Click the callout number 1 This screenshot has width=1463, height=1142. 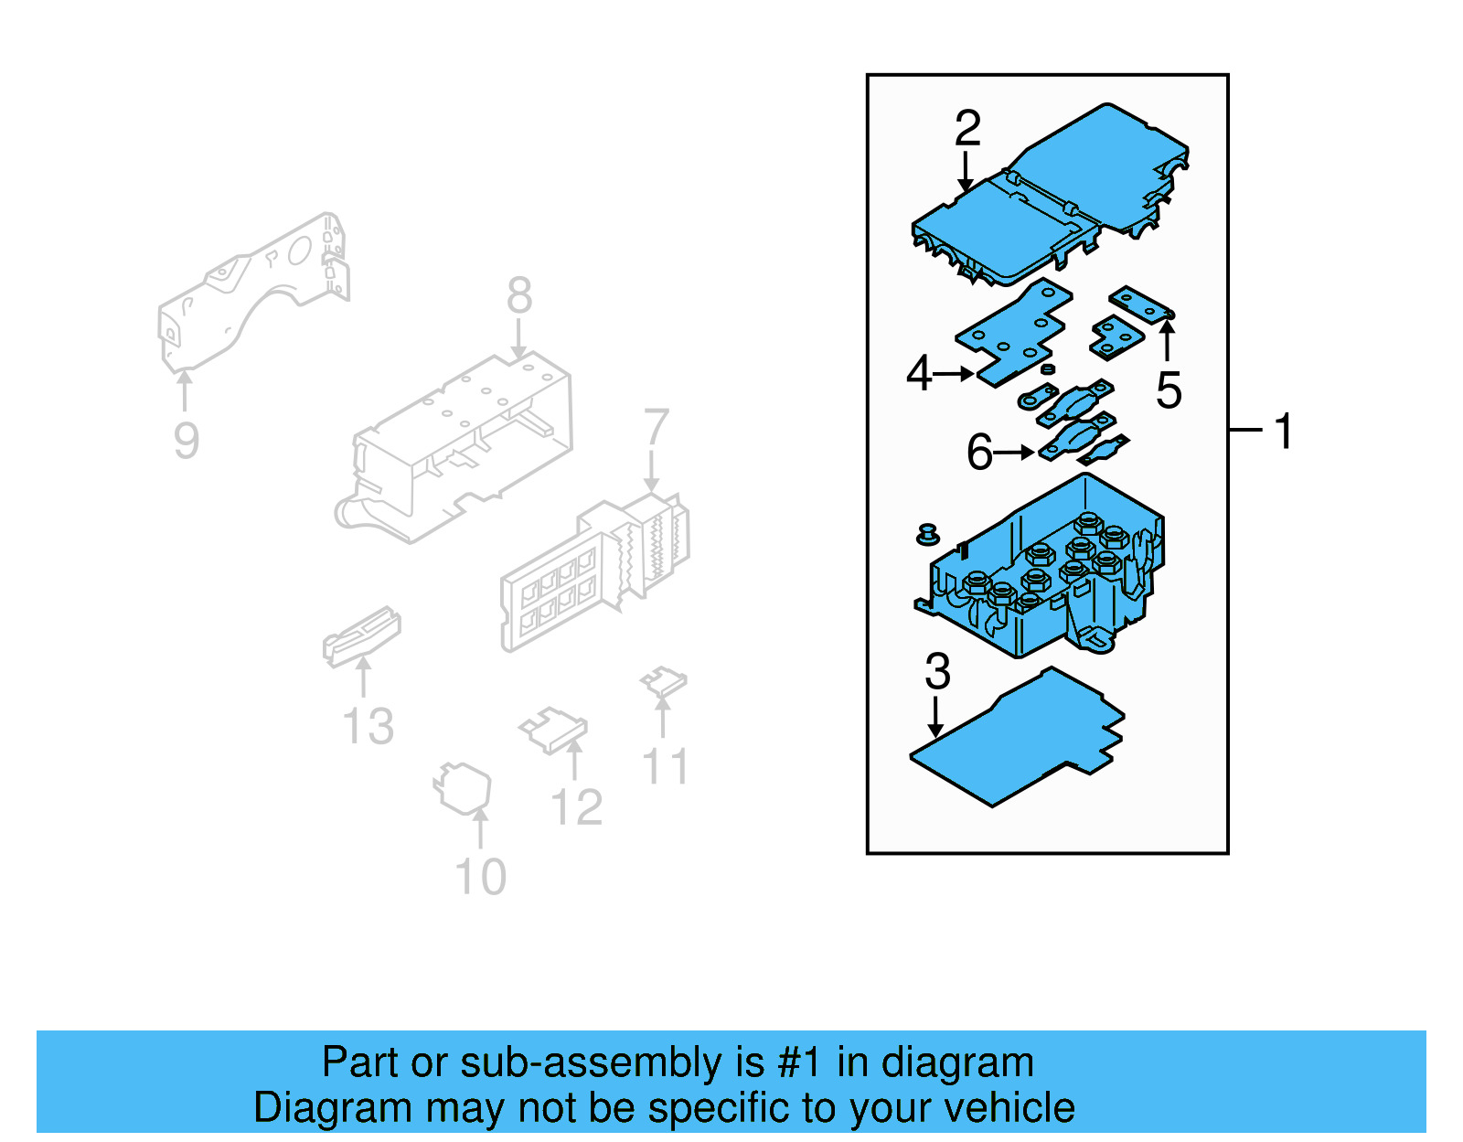(1284, 431)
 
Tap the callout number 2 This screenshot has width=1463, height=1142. (967, 128)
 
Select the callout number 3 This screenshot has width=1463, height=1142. (937, 672)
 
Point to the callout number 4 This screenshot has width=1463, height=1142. (918, 374)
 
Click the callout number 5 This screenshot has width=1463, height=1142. (1169, 390)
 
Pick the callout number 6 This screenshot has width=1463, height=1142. (979, 453)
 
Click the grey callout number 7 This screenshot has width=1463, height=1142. (656, 428)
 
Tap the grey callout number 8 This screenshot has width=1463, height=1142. (519, 296)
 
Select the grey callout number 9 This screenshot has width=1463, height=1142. (187, 442)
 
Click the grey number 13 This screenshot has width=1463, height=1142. (368, 727)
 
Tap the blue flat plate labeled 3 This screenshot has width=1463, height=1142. (1015, 745)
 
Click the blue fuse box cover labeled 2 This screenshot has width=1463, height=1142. (1052, 197)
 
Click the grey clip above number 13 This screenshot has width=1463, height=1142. (361, 635)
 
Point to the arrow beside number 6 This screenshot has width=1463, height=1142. (1015, 453)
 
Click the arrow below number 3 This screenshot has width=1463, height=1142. (934, 718)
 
